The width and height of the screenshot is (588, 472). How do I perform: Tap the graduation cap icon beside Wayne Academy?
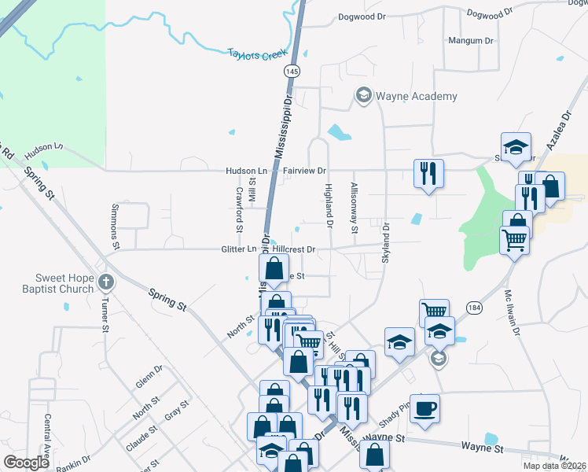(363, 96)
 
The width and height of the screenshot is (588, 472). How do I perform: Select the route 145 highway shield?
(292, 71)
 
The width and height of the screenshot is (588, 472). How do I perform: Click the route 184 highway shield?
(473, 306)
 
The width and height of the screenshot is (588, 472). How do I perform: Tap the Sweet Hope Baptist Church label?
(53, 283)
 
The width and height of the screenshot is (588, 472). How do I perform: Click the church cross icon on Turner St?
(106, 282)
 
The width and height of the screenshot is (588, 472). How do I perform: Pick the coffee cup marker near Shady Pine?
(425, 409)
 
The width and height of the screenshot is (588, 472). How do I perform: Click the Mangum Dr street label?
(470, 40)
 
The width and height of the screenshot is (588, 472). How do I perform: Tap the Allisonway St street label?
(355, 208)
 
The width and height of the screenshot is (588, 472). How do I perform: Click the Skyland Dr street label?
(387, 243)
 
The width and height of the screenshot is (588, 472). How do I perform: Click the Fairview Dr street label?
(304, 170)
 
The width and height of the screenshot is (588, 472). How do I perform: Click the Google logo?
(26, 463)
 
